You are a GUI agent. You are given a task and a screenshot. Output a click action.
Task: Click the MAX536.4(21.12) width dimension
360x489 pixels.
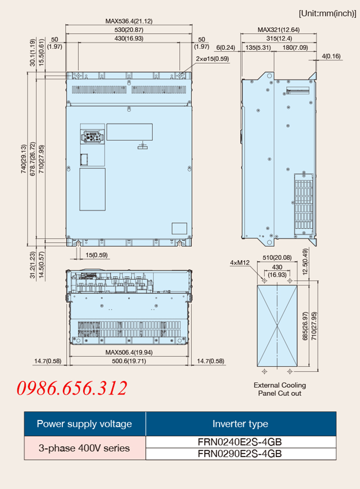point(129,21)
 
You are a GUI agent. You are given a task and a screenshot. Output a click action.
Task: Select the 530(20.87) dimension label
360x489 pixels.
point(129,30)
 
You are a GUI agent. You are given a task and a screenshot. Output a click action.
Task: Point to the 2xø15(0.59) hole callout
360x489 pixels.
point(212,59)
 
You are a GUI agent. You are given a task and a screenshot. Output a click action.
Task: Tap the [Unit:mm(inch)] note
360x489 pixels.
point(327,14)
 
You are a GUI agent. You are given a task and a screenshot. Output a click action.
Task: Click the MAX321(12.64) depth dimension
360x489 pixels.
point(279,30)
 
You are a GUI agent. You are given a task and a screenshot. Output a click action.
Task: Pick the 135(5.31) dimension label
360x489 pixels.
point(258,48)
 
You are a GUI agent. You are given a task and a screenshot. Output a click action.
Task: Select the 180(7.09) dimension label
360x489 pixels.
point(295,48)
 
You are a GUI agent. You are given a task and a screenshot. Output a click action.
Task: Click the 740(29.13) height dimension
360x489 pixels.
point(24,159)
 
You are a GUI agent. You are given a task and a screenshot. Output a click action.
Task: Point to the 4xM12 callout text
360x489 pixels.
point(240,263)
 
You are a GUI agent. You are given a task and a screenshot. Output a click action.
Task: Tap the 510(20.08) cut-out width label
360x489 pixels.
point(277,258)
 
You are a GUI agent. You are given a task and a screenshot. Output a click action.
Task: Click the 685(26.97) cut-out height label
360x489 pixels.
point(306,326)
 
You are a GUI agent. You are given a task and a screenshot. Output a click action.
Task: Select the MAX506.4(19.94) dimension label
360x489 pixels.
point(129,353)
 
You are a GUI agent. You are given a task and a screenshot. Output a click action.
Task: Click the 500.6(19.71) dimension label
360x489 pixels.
point(129,361)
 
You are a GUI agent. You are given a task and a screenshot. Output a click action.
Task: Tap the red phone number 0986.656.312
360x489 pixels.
point(72,388)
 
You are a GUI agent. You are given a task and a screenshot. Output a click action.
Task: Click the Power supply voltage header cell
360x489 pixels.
point(85,424)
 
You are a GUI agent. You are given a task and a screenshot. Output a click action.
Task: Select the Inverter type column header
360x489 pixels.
point(240,424)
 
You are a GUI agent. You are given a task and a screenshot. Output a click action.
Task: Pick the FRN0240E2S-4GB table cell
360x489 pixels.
point(240,442)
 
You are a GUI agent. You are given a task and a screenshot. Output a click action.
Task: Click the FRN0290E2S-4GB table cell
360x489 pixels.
point(240,454)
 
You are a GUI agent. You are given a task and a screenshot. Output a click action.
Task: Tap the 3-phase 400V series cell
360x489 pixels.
point(85,448)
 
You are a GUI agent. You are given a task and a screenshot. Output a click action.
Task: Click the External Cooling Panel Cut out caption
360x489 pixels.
point(280,389)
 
